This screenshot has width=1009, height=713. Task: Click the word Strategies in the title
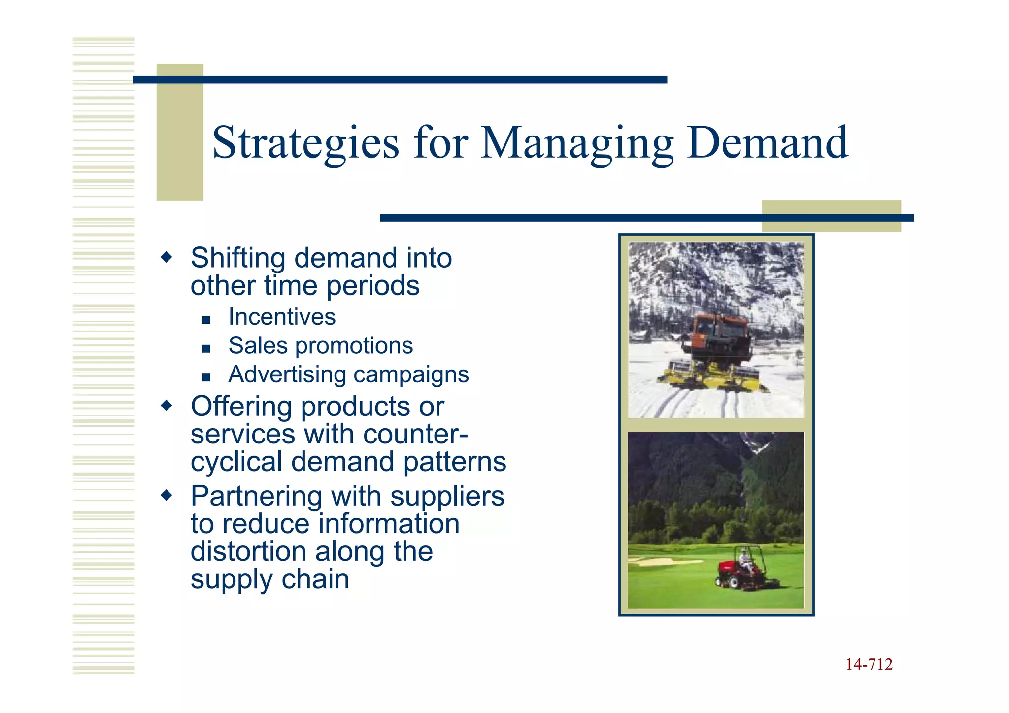tap(305, 143)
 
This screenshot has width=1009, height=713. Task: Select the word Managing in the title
tap(576, 143)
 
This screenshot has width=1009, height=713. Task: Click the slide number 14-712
tap(869, 664)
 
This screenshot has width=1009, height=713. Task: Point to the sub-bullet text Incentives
tap(282, 317)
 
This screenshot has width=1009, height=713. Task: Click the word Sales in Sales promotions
tap(258, 345)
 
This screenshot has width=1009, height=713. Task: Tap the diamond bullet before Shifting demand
tap(167, 257)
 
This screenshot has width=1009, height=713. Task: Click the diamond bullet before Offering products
tap(167, 406)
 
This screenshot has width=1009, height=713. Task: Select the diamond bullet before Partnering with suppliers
tap(167, 495)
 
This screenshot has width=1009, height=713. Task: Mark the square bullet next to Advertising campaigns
tap(206, 378)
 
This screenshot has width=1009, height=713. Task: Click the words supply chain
tap(269, 579)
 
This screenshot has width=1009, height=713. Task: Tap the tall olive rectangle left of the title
tap(179, 132)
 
